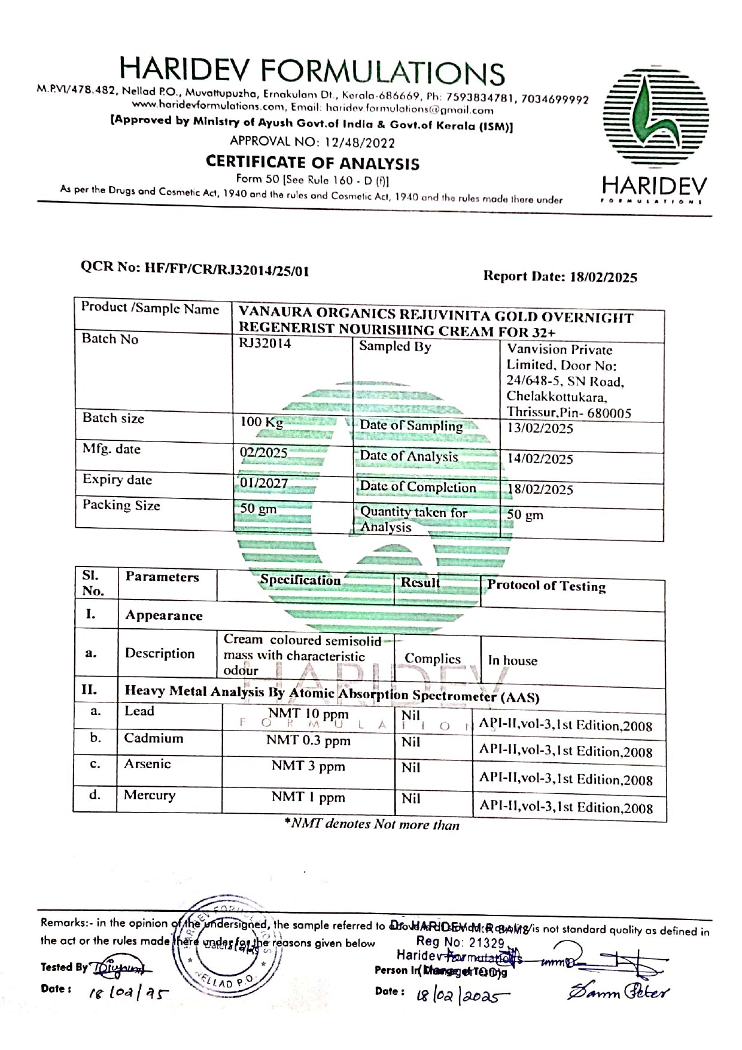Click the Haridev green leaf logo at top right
coord(655,119)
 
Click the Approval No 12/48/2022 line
coord(312,142)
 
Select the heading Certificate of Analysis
coord(312,163)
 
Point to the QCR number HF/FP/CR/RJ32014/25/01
coord(195,269)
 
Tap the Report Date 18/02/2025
coord(560,276)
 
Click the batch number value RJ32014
coord(265,343)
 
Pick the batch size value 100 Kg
coord(261,422)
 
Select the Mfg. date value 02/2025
coord(263,453)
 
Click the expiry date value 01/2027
coord(264,483)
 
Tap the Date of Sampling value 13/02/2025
coord(540,428)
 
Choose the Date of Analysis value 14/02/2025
coord(540,459)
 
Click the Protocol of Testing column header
coord(546,586)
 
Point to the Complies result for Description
coord(432,659)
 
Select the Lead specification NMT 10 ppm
coord(308,714)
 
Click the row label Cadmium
coord(154,738)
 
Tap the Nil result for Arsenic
coord(410,768)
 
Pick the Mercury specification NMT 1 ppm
coord(308,797)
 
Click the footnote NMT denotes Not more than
coord(372,824)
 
